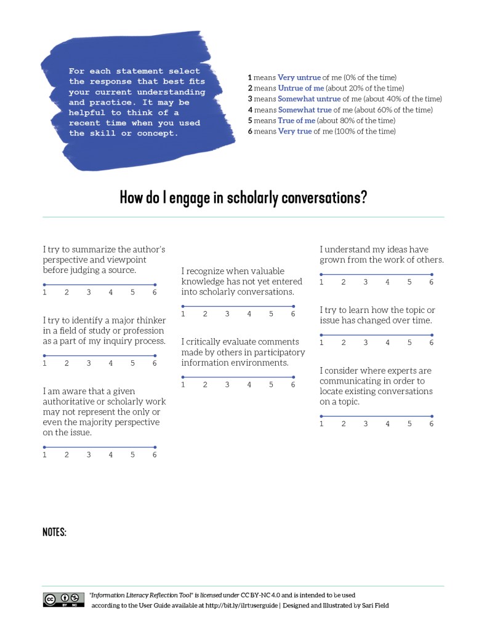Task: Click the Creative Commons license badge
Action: (63, 599)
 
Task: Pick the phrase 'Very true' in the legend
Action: (295, 131)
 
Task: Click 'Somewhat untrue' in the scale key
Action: (309, 99)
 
